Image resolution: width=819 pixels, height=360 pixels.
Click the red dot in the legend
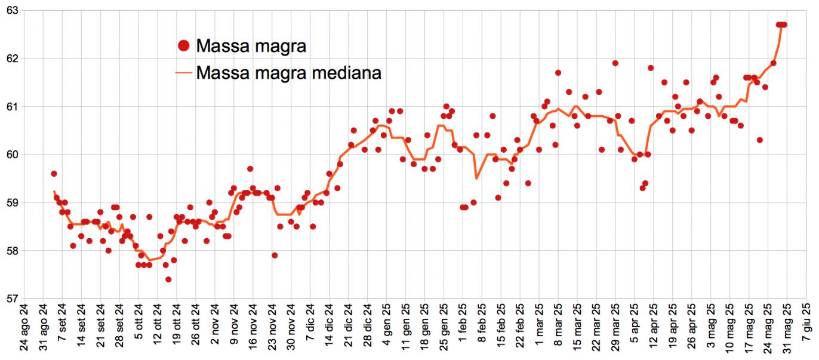184,45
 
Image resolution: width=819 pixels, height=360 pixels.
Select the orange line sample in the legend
184,73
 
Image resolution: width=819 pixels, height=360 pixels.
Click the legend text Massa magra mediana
288,73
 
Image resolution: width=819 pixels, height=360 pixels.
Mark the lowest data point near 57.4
168,279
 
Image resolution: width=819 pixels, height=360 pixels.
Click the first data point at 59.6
54,174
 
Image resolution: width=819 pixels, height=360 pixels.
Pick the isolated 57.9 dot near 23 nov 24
275,256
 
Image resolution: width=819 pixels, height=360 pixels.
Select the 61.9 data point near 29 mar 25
615,63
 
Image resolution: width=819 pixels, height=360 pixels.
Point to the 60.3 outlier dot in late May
760,140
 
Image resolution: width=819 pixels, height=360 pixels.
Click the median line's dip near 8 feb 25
476,178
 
